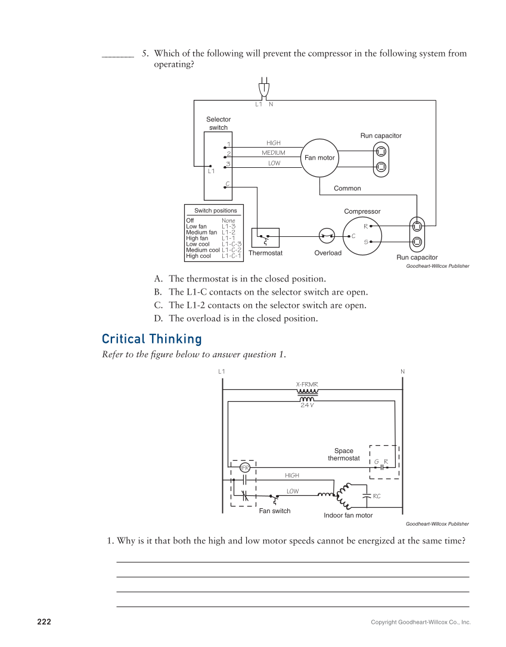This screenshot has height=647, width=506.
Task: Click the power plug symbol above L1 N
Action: [x=264, y=88]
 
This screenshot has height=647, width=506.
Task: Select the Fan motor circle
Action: [x=319, y=158]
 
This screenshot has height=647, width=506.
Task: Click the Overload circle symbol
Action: [x=327, y=236]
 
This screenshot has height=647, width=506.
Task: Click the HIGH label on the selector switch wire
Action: [x=274, y=143]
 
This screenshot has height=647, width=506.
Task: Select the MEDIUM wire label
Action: [x=274, y=153]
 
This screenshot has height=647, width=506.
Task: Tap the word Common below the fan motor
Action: [x=347, y=188]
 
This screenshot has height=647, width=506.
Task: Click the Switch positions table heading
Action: [x=215, y=211]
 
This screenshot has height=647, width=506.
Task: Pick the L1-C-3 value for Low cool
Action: [x=231, y=244]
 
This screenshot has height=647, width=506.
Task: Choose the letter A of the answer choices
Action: [x=158, y=279]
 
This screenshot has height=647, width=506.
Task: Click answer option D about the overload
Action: [x=243, y=318]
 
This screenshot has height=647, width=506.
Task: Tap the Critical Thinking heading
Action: [x=151, y=339]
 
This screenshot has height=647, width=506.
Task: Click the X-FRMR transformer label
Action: [x=307, y=384]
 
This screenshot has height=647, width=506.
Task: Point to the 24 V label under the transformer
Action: [x=307, y=405]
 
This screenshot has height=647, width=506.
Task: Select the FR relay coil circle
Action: [x=245, y=468]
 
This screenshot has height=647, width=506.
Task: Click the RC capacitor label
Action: [x=377, y=496]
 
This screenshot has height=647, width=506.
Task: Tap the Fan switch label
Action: [x=275, y=511]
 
